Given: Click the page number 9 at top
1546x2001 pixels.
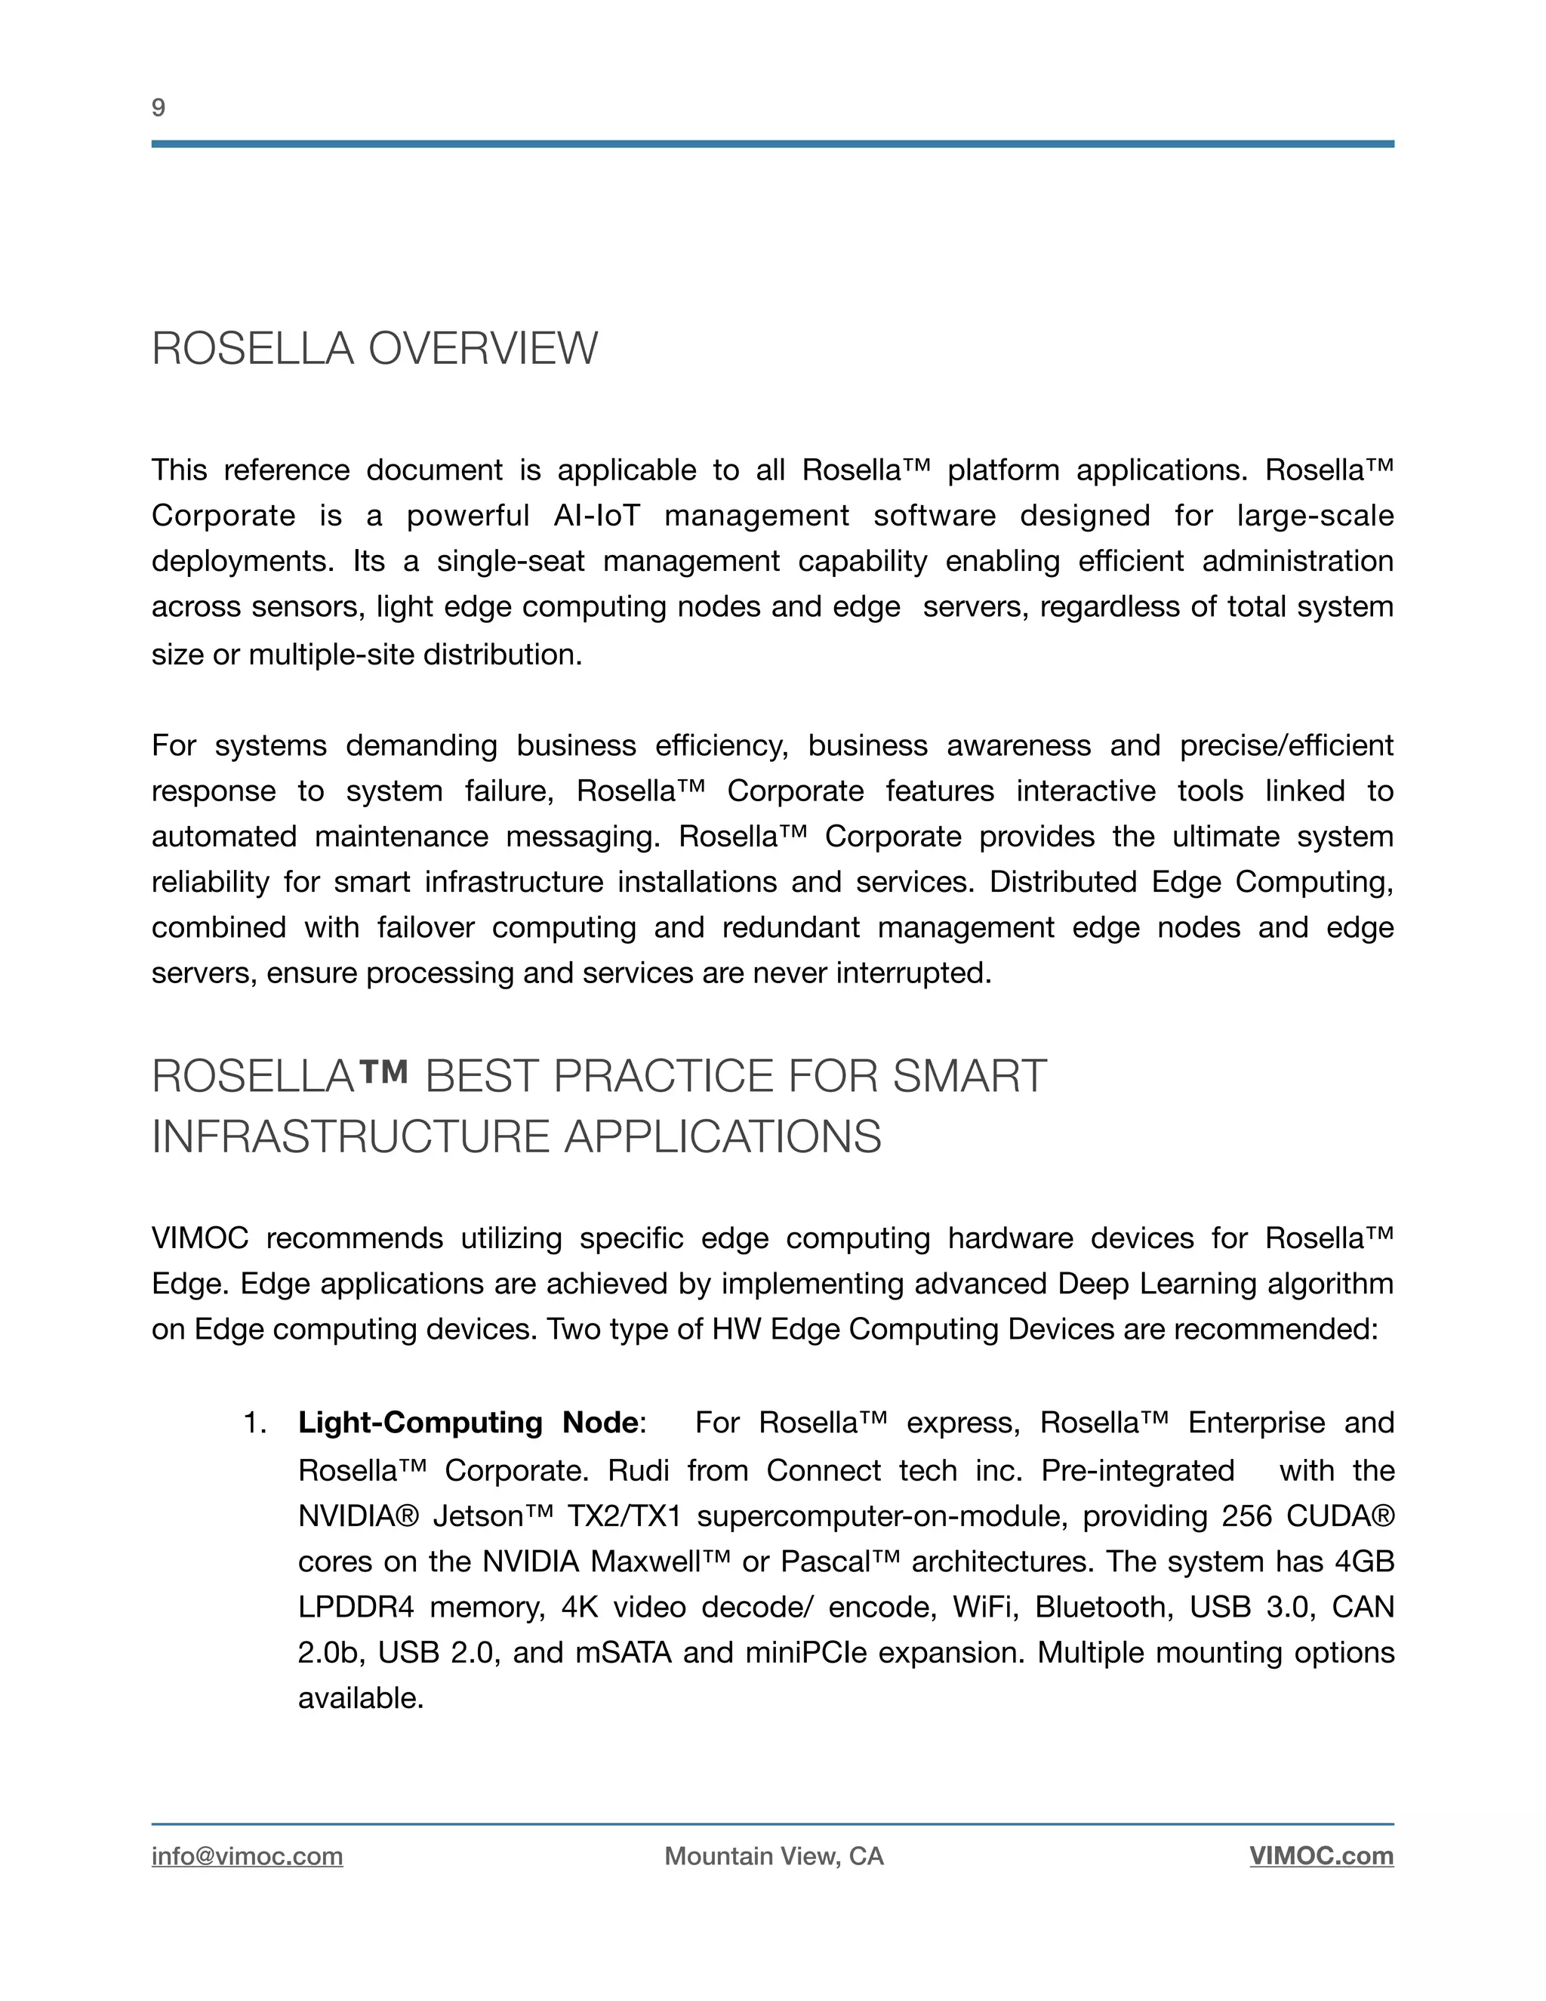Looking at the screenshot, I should [x=159, y=108].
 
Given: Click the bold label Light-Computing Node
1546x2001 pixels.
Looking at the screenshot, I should [x=468, y=1423].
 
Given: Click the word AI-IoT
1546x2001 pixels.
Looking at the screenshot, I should [x=596, y=516].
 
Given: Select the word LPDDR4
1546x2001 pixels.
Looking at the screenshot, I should [x=356, y=1607].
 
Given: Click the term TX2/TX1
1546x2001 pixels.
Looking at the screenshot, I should [x=624, y=1516].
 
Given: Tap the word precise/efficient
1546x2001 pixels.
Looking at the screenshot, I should [x=1286, y=746].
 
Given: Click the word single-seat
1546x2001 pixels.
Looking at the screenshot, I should [x=510, y=562].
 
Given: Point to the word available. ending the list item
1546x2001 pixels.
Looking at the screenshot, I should [x=361, y=1699].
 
